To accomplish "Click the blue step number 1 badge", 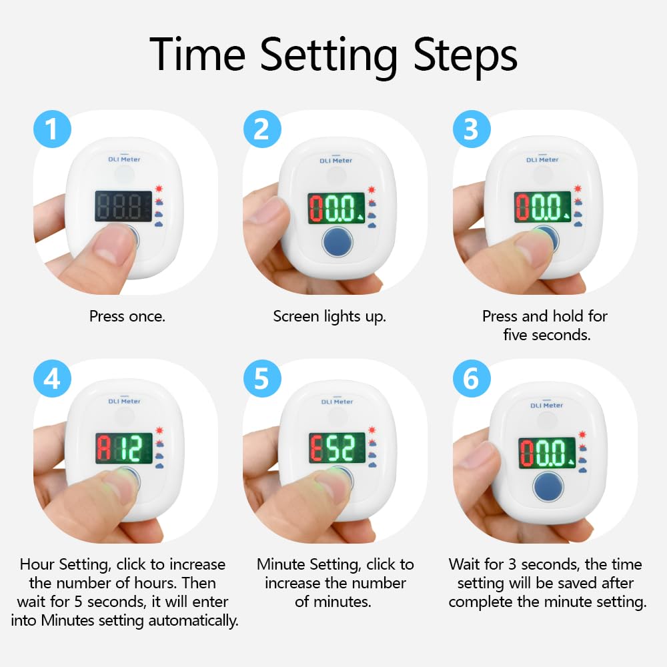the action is click(x=52, y=129).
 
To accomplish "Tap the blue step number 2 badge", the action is click(x=262, y=129).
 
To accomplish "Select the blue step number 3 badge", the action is click(x=472, y=129).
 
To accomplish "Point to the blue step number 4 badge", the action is click(x=52, y=378).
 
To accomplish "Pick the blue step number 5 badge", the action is click(x=262, y=378).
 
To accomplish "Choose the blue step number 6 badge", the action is click(x=472, y=378).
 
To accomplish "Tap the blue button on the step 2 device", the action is click(x=338, y=242).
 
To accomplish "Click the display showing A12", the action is click(x=124, y=448).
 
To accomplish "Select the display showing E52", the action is click(x=338, y=448).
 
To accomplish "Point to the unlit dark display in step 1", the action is click(x=123, y=206).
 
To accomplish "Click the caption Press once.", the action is click(x=127, y=316).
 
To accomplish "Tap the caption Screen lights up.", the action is click(x=329, y=317).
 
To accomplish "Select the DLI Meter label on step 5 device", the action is click(x=338, y=402).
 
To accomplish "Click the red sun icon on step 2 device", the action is click(x=372, y=189).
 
